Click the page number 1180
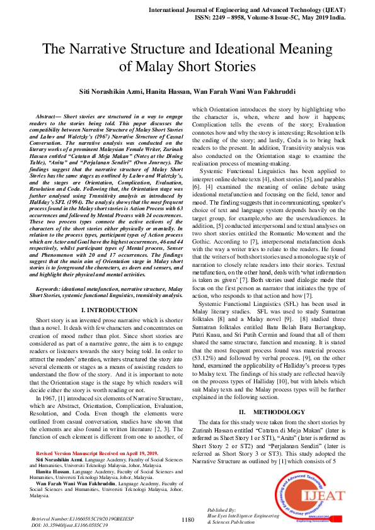point(187,519)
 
